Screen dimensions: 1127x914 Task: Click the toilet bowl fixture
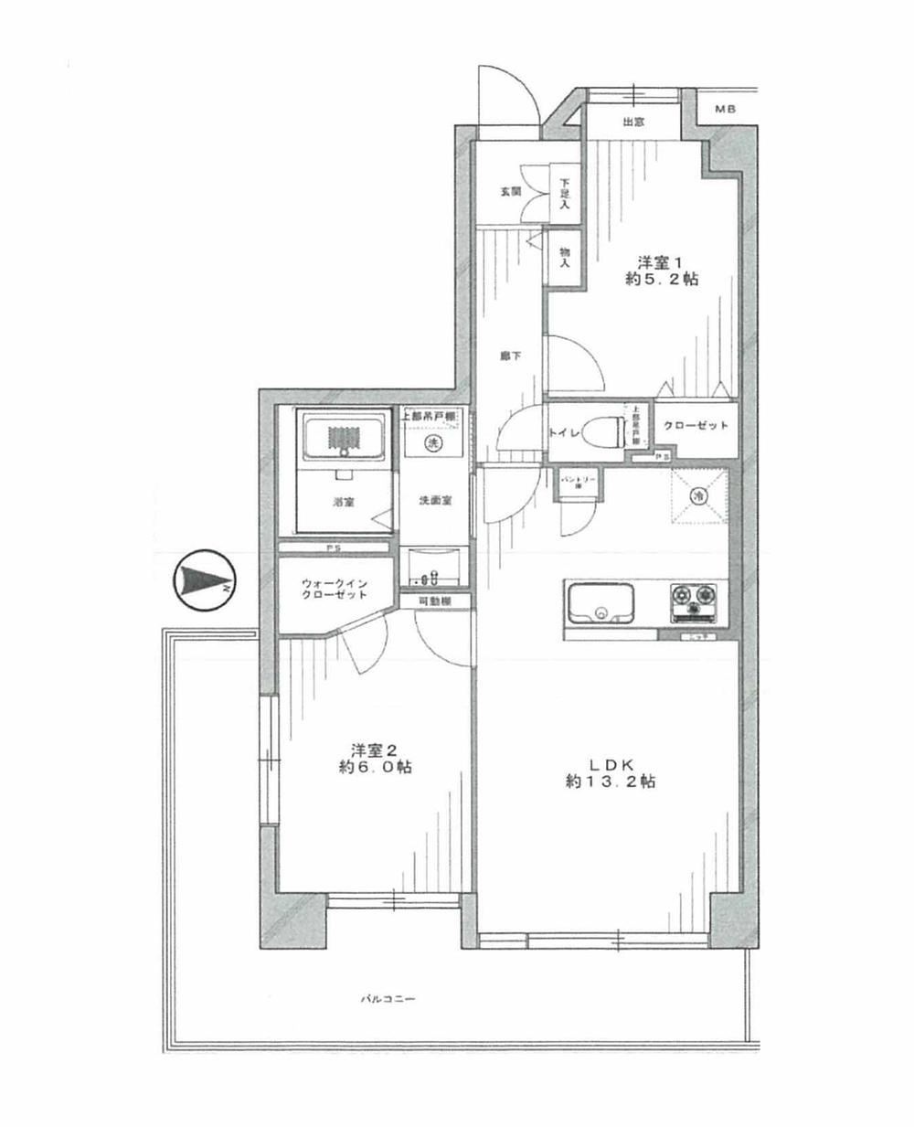606,429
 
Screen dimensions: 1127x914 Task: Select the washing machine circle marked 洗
433,443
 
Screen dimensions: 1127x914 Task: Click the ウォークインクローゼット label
335,588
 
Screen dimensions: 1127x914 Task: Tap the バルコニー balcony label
387,1000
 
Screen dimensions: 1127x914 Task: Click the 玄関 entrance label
510,192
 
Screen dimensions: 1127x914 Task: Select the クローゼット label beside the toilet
696,426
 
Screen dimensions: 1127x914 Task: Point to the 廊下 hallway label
510,356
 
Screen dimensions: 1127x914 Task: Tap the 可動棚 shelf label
435,601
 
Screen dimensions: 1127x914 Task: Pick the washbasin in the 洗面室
433,566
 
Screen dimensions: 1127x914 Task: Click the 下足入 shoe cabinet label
565,192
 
